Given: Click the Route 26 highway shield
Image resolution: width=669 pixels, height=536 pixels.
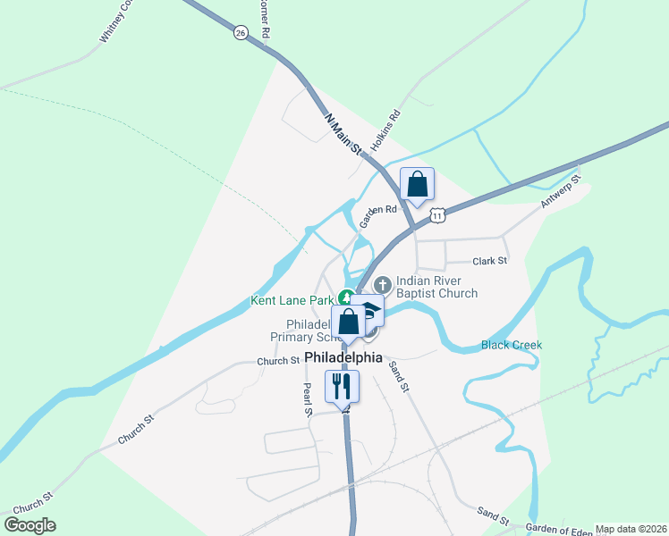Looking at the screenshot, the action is pyautogui.click(x=240, y=32).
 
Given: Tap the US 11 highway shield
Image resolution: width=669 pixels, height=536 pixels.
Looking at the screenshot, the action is pyautogui.click(x=436, y=215).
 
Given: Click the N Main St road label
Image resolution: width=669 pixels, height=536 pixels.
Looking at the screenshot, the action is pyautogui.click(x=343, y=134).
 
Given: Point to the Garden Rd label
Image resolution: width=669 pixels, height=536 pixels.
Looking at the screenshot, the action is pyautogui.click(x=377, y=215).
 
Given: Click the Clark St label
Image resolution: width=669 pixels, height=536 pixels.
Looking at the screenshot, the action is pyautogui.click(x=489, y=261).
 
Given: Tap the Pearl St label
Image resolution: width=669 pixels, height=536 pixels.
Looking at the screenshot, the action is pyautogui.click(x=307, y=398).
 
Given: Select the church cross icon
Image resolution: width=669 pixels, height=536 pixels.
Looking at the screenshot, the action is pyautogui.click(x=382, y=285).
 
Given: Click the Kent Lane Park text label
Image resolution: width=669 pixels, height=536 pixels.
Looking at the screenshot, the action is pyautogui.click(x=292, y=301).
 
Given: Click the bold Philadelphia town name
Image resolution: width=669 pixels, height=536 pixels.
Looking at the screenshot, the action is pyautogui.click(x=343, y=357).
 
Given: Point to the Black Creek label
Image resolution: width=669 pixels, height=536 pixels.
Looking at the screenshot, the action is pyautogui.click(x=511, y=345).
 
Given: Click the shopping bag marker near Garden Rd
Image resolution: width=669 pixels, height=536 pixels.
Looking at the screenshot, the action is pyautogui.click(x=417, y=184).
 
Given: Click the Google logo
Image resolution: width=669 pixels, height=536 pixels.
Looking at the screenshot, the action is pyautogui.click(x=30, y=525).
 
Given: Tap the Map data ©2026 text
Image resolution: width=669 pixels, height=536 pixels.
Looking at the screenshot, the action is pyautogui.click(x=631, y=529).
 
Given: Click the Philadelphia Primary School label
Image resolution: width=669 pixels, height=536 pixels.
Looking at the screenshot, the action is pyautogui.click(x=301, y=331).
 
